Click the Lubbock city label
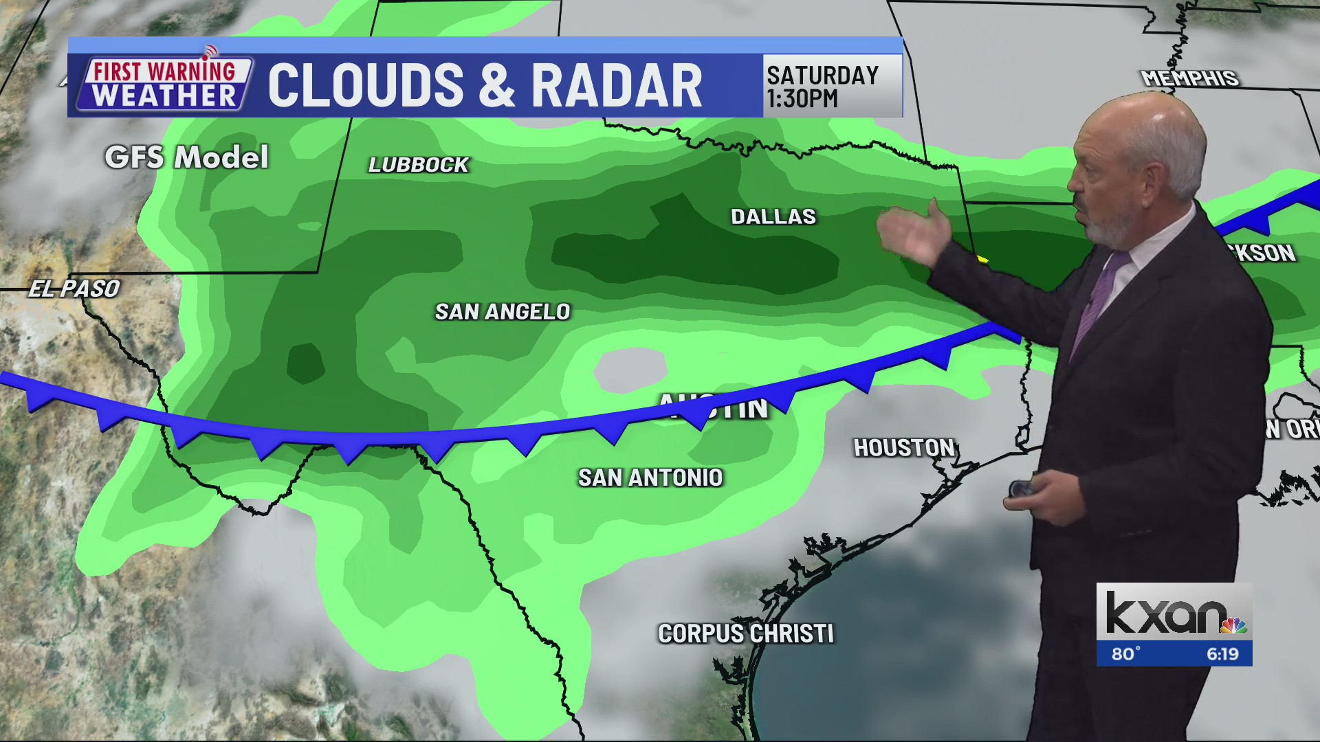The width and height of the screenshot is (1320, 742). tap(418, 165)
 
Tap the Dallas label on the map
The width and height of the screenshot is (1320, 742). tap(773, 217)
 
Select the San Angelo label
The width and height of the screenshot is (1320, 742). tap(503, 312)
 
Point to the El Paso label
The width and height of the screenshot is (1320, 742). tap(74, 289)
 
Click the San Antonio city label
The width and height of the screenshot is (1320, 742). tap(650, 477)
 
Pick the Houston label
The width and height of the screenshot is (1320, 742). tap(904, 448)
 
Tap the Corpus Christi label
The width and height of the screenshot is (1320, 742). tap(746, 633)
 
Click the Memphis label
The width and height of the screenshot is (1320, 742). tap(1189, 78)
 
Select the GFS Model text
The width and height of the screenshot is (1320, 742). tap(186, 158)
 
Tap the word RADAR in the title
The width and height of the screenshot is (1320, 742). tap(617, 87)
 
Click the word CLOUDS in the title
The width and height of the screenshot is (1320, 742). tap(366, 87)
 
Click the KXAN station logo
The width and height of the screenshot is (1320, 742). tap(1174, 613)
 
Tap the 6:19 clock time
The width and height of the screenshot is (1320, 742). tap(1222, 654)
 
